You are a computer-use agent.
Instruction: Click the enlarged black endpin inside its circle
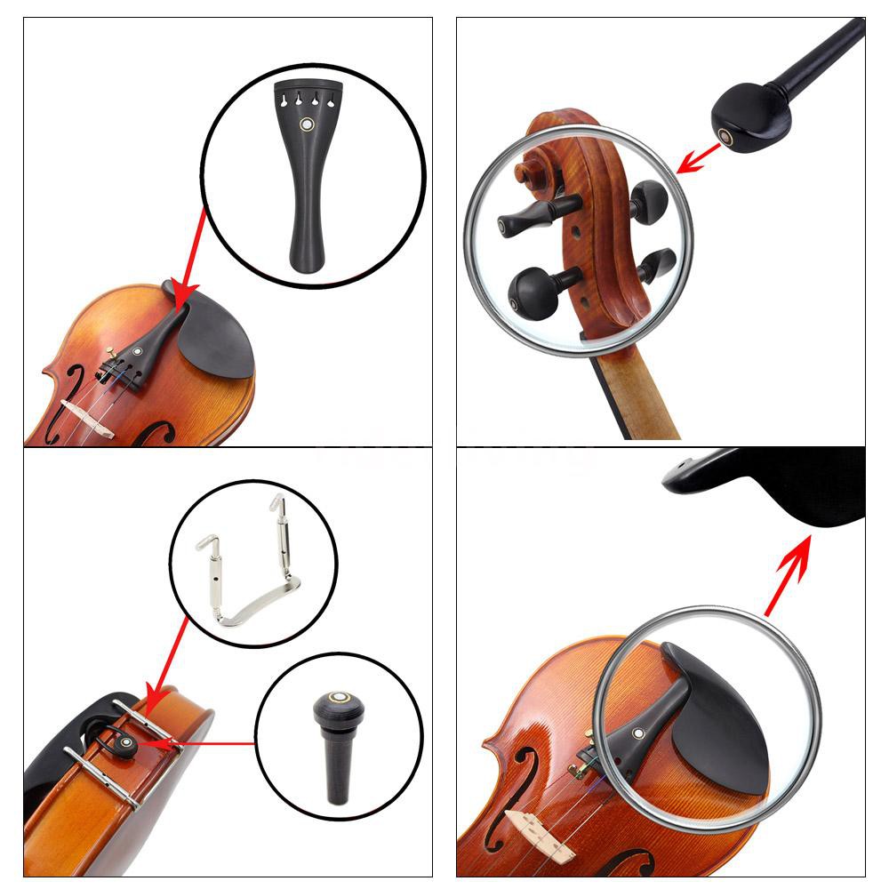click(x=336, y=747)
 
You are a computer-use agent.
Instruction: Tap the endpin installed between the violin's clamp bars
click(x=127, y=742)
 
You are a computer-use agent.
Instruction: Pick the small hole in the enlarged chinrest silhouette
click(x=682, y=462)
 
